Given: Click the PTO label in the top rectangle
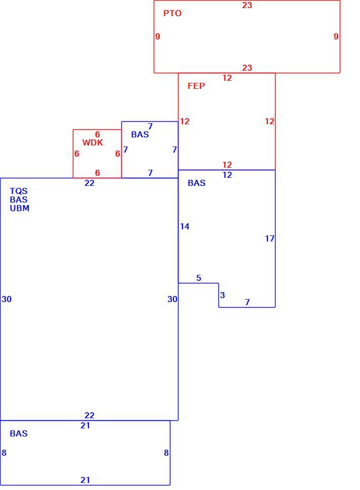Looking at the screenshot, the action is (172, 13).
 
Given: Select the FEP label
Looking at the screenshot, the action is (196, 86).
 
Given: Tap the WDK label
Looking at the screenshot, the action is (93, 142).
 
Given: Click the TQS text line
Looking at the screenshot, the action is (19, 191).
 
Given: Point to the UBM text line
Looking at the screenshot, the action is (19, 208).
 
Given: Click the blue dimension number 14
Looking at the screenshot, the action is (185, 226).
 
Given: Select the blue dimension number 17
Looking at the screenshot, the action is (269, 238).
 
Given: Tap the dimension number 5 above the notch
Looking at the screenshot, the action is (199, 278).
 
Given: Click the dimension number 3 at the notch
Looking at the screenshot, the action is (222, 295).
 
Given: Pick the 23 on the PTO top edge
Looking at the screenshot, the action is (247, 5).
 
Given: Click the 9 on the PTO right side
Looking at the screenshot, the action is (336, 36).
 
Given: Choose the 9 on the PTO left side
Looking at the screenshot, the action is (158, 36).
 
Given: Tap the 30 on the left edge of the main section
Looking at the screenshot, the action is (7, 299).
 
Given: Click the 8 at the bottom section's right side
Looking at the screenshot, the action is (166, 453).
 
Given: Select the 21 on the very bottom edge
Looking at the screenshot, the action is (85, 480).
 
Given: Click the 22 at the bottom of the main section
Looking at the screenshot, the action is (89, 415).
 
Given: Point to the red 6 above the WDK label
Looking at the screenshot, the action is (97, 134).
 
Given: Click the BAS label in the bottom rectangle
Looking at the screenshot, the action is (19, 433).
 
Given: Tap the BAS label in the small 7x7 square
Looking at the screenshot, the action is (140, 134).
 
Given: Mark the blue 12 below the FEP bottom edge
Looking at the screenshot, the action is (228, 175).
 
